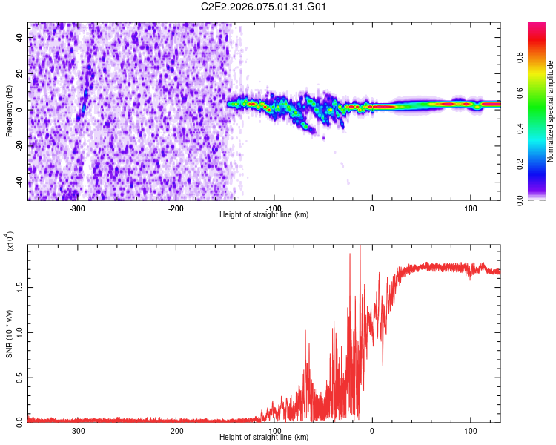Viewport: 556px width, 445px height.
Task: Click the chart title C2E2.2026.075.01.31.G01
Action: point(264,7)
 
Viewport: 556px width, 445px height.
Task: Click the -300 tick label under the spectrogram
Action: point(78,208)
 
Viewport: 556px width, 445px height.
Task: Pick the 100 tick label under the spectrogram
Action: point(470,208)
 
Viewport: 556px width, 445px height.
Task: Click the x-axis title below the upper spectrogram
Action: point(264,215)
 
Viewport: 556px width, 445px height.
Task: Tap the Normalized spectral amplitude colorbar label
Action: point(551,111)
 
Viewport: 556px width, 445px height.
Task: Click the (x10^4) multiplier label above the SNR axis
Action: point(10,241)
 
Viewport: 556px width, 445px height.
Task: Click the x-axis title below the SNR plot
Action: point(264,438)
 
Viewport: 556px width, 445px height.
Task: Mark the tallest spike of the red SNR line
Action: point(360,247)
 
